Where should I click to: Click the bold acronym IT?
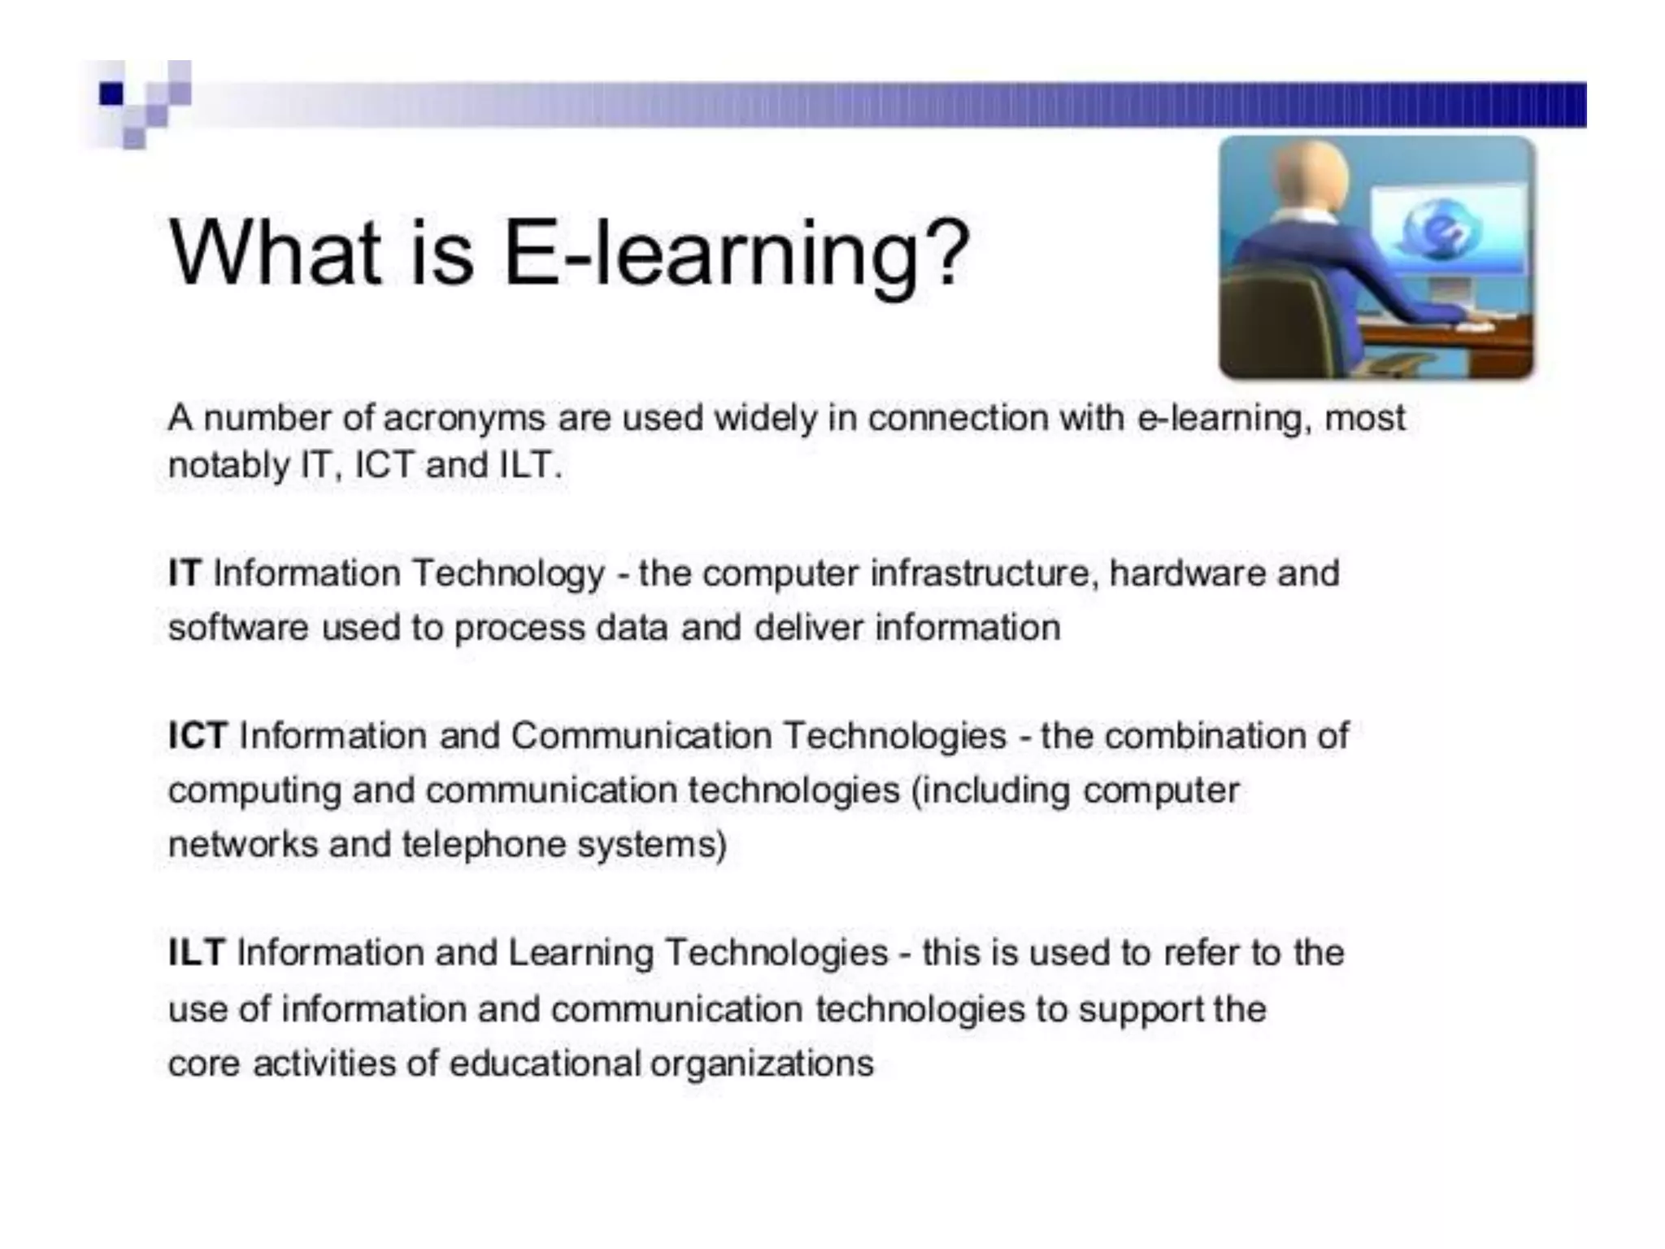pos(185,573)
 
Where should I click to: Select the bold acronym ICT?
pos(198,736)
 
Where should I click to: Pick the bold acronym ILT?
pos(196,953)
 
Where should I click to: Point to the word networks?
pos(243,844)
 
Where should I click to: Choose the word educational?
pos(545,1064)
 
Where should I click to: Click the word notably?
pos(228,466)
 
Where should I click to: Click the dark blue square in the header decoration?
pos(111,94)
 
